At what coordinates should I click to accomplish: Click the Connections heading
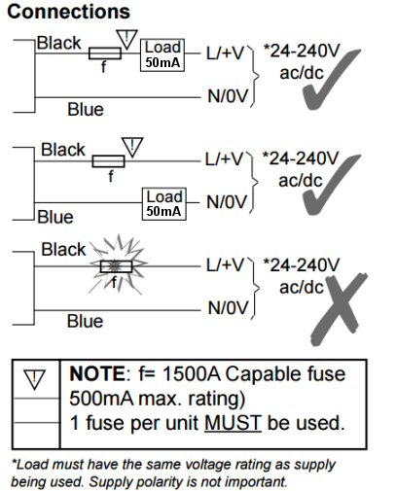click(x=68, y=12)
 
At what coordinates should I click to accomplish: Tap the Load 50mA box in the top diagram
click(x=162, y=55)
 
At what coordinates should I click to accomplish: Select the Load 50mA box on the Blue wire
click(x=164, y=204)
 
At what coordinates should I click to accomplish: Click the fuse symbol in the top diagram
click(x=105, y=53)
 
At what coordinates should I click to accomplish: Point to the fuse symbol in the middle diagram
click(x=108, y=161)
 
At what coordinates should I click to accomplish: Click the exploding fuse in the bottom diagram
click(x=117, y=266)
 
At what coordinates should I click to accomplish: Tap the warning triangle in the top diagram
click(x=126, y=39)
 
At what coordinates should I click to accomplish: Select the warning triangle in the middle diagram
click(x=132, y=147)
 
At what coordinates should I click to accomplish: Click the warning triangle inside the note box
click(x=34, y=378)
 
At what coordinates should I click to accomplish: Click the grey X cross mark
click(x=339, y=308)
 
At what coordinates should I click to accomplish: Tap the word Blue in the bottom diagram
click(x=85, y=321)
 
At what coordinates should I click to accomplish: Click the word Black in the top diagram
click(x=58, y=43)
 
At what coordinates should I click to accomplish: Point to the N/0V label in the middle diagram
click(x=227, y=202)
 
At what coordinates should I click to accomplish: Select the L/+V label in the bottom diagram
click(x=225, y=265)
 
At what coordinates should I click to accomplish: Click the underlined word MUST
click(x=233, y=423)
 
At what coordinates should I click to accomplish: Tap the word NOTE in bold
click(x=97, y=373)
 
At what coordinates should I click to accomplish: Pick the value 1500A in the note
click(x=192, y=373)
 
